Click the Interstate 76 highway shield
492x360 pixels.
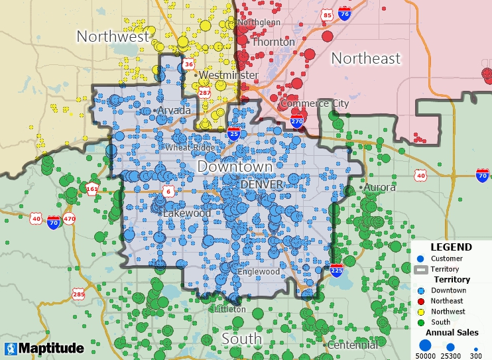tap(344, 13)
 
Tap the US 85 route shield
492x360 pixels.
tap(327, 15)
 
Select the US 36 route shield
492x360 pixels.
tap(189, 64)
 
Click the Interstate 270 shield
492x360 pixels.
tap(297, 121)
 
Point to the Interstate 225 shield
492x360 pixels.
tap(336, 270)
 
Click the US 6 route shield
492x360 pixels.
tap(169, 192)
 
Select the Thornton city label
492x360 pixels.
tap(275, 42)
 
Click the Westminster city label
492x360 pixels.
tap(228, 75)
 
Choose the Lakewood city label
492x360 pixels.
tap(187, 213)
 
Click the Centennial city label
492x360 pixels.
tap(354, 345)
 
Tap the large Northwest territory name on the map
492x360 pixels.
tap(113, 36)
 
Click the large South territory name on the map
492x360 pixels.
tap(241, 339)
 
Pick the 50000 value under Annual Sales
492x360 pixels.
tap(426, 356)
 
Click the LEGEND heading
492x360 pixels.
tap(451, 247)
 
